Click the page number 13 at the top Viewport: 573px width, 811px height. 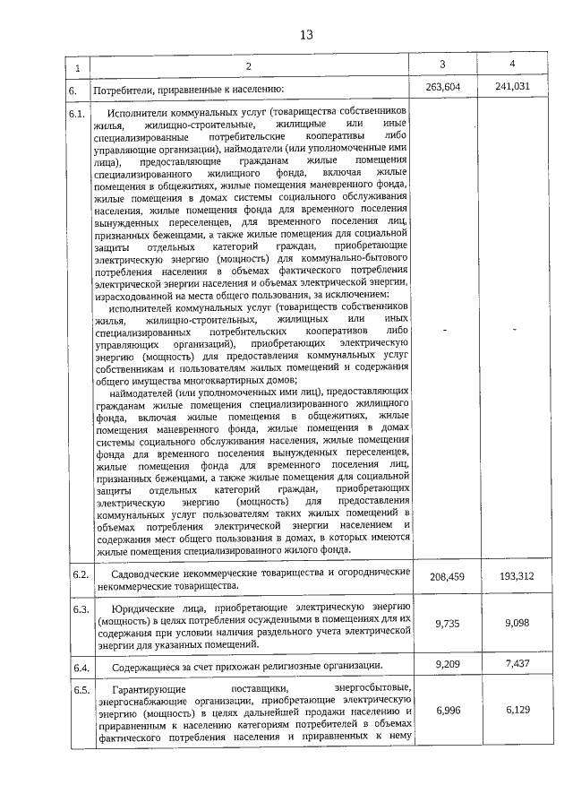point(306,35)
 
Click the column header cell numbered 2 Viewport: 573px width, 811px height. point(249,67)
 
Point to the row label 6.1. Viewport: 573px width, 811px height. point(77,114)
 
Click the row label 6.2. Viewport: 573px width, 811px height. point(78,574)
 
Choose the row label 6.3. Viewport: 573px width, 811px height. point(78,608)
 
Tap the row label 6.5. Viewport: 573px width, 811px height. point(78,689)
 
